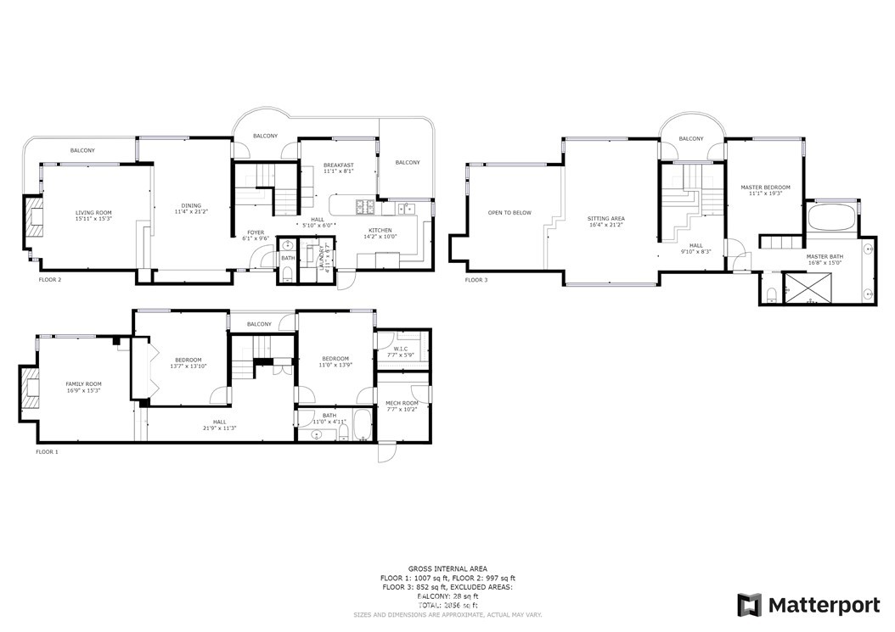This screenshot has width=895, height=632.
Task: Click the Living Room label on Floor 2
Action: pos(93,213)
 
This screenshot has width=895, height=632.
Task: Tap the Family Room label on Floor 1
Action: pos(83,384)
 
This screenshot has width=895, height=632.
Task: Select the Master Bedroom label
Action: pos(765,187)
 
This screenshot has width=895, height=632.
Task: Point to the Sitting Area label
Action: pos(605,219)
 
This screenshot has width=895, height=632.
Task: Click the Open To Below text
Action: pos(509,213)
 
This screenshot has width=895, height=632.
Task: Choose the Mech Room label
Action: pos(402,403)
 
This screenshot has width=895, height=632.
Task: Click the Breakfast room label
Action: pos(338,165)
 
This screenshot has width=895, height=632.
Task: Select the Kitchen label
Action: pos(380,230)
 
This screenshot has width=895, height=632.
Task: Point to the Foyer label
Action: pos(256,232)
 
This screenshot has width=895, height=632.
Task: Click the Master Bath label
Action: pos(825,255)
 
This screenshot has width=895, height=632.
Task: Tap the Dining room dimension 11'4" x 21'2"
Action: pos(191,211)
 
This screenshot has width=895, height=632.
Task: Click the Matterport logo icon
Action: pos(749,605)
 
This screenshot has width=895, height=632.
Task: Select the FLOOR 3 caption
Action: pos(476,279)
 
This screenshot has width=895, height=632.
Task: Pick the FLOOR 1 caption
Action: pos(47,452)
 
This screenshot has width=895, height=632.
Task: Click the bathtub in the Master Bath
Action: pos(831,218)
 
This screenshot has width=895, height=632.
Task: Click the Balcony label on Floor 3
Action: pos(691,138)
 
